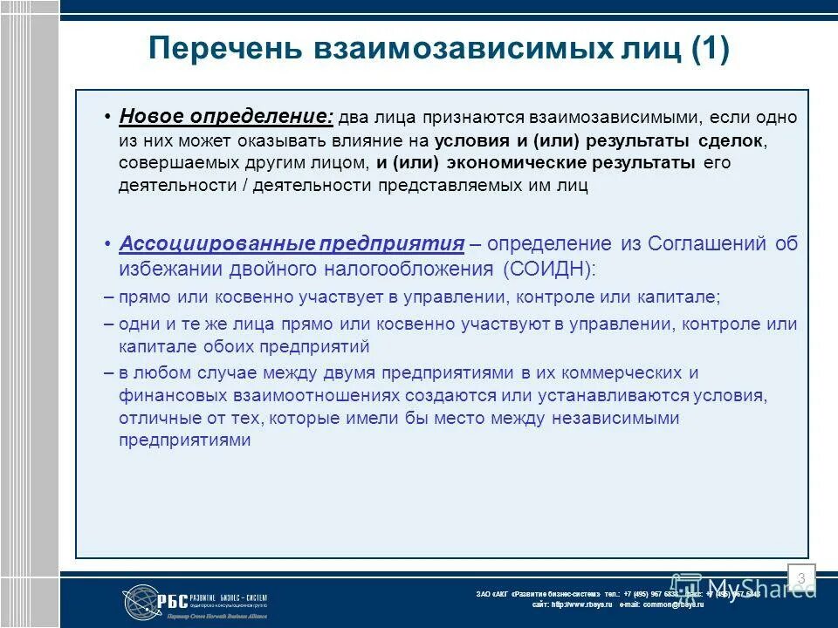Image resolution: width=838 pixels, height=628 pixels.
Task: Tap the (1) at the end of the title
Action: pyautogui.click(x=710, y=48)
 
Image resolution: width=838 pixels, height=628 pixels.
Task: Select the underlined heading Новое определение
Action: pyautogui.click(x=225, y=117)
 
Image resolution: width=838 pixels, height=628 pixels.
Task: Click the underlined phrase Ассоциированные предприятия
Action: pyautogui.click(x=291, y=243)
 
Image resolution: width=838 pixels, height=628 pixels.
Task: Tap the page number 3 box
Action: pyautogui.click(x=800, y=577)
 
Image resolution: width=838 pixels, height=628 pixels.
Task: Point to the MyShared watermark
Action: pyautogui.click(x=742, y=587)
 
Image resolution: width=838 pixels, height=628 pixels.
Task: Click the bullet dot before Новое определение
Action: pyautogui.click(x=106, y=118)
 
